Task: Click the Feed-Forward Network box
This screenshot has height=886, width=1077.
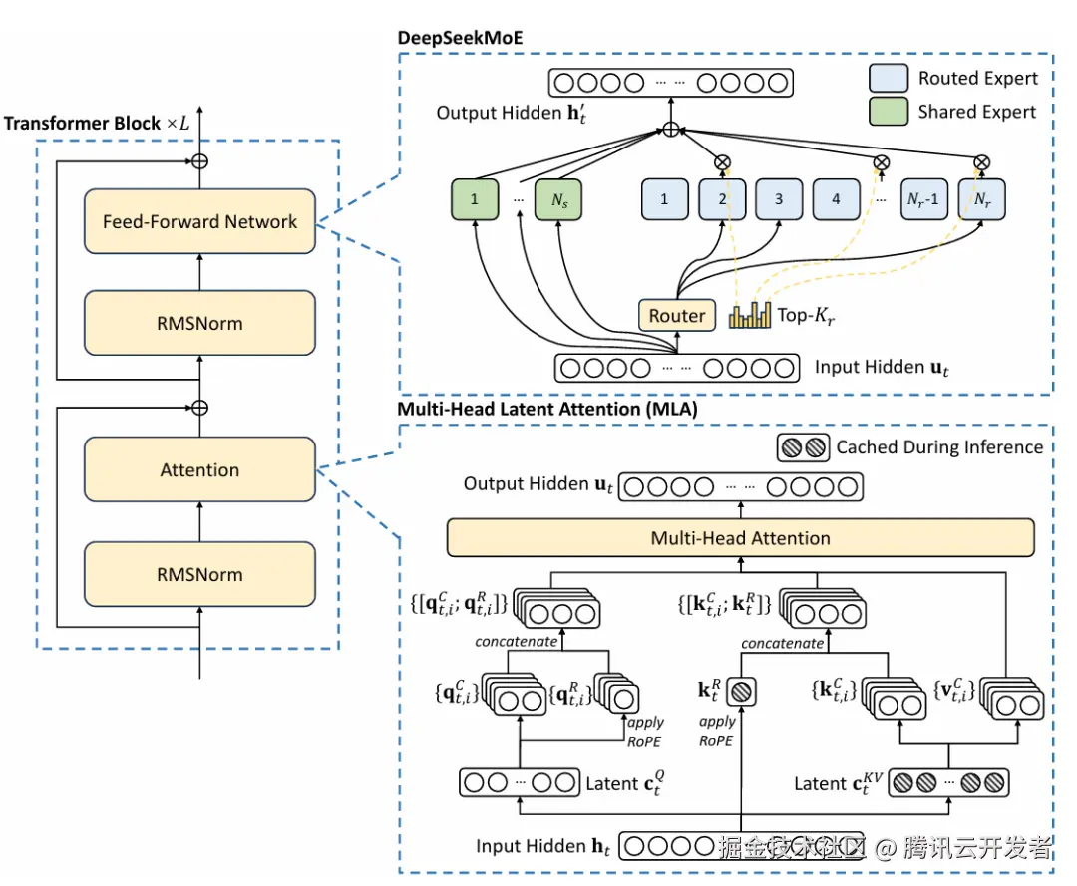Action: [199, 222]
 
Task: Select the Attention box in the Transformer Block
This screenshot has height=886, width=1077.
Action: [199, 470]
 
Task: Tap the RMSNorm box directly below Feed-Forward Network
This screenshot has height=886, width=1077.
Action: [199, 324]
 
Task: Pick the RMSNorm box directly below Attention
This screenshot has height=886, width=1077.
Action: [199, 575]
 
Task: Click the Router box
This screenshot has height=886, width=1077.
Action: [677, 316]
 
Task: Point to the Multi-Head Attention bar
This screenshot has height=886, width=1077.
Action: [740, 538]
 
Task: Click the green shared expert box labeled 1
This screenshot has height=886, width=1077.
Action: [475, 199]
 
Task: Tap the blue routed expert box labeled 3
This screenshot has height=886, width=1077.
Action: [779, 199]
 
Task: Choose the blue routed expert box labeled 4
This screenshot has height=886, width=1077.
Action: [836, 199]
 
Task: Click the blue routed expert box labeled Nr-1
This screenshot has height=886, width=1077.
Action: [924, 199]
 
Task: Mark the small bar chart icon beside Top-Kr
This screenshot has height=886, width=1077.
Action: [751, 316]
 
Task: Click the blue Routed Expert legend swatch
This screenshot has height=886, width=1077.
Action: [888, 78]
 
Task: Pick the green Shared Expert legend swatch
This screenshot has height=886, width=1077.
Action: [888, 112]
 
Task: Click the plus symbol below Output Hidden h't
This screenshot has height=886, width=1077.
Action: [671, 130]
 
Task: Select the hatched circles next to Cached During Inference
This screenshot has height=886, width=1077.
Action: [803, 447]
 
